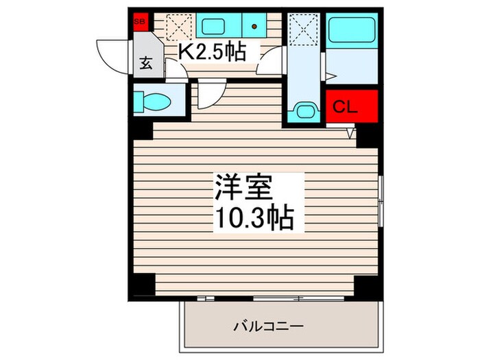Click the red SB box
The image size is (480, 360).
coord(140,21)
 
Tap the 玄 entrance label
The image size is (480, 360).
coord(146,64)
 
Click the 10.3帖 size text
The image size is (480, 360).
coord(254,219)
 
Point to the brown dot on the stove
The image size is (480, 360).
coord(255,27)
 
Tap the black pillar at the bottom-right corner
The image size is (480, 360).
coord(366,285)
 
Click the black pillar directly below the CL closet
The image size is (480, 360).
coord(368,134)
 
